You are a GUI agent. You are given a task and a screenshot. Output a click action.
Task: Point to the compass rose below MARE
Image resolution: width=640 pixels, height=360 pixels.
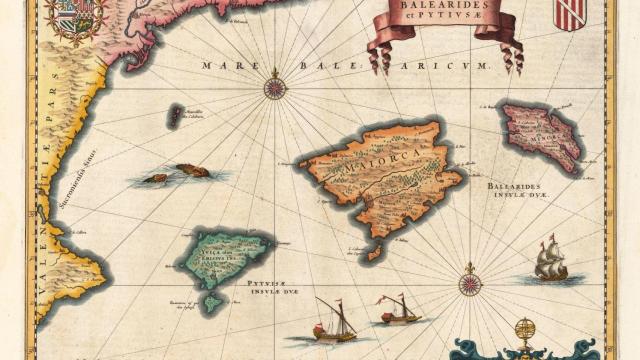(275, 87)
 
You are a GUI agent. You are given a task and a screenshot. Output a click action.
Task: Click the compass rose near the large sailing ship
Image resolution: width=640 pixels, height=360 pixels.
(470, 283)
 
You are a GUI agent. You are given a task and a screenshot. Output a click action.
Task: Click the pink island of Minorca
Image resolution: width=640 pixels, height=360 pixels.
(541, 134)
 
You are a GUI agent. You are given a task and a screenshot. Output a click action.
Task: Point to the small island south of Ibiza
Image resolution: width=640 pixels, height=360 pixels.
(212, 300)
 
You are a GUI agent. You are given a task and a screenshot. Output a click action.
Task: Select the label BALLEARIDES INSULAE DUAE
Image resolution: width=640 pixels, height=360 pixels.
(526, 191)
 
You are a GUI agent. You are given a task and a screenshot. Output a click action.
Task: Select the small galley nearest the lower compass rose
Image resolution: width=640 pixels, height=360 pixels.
(398, 312)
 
